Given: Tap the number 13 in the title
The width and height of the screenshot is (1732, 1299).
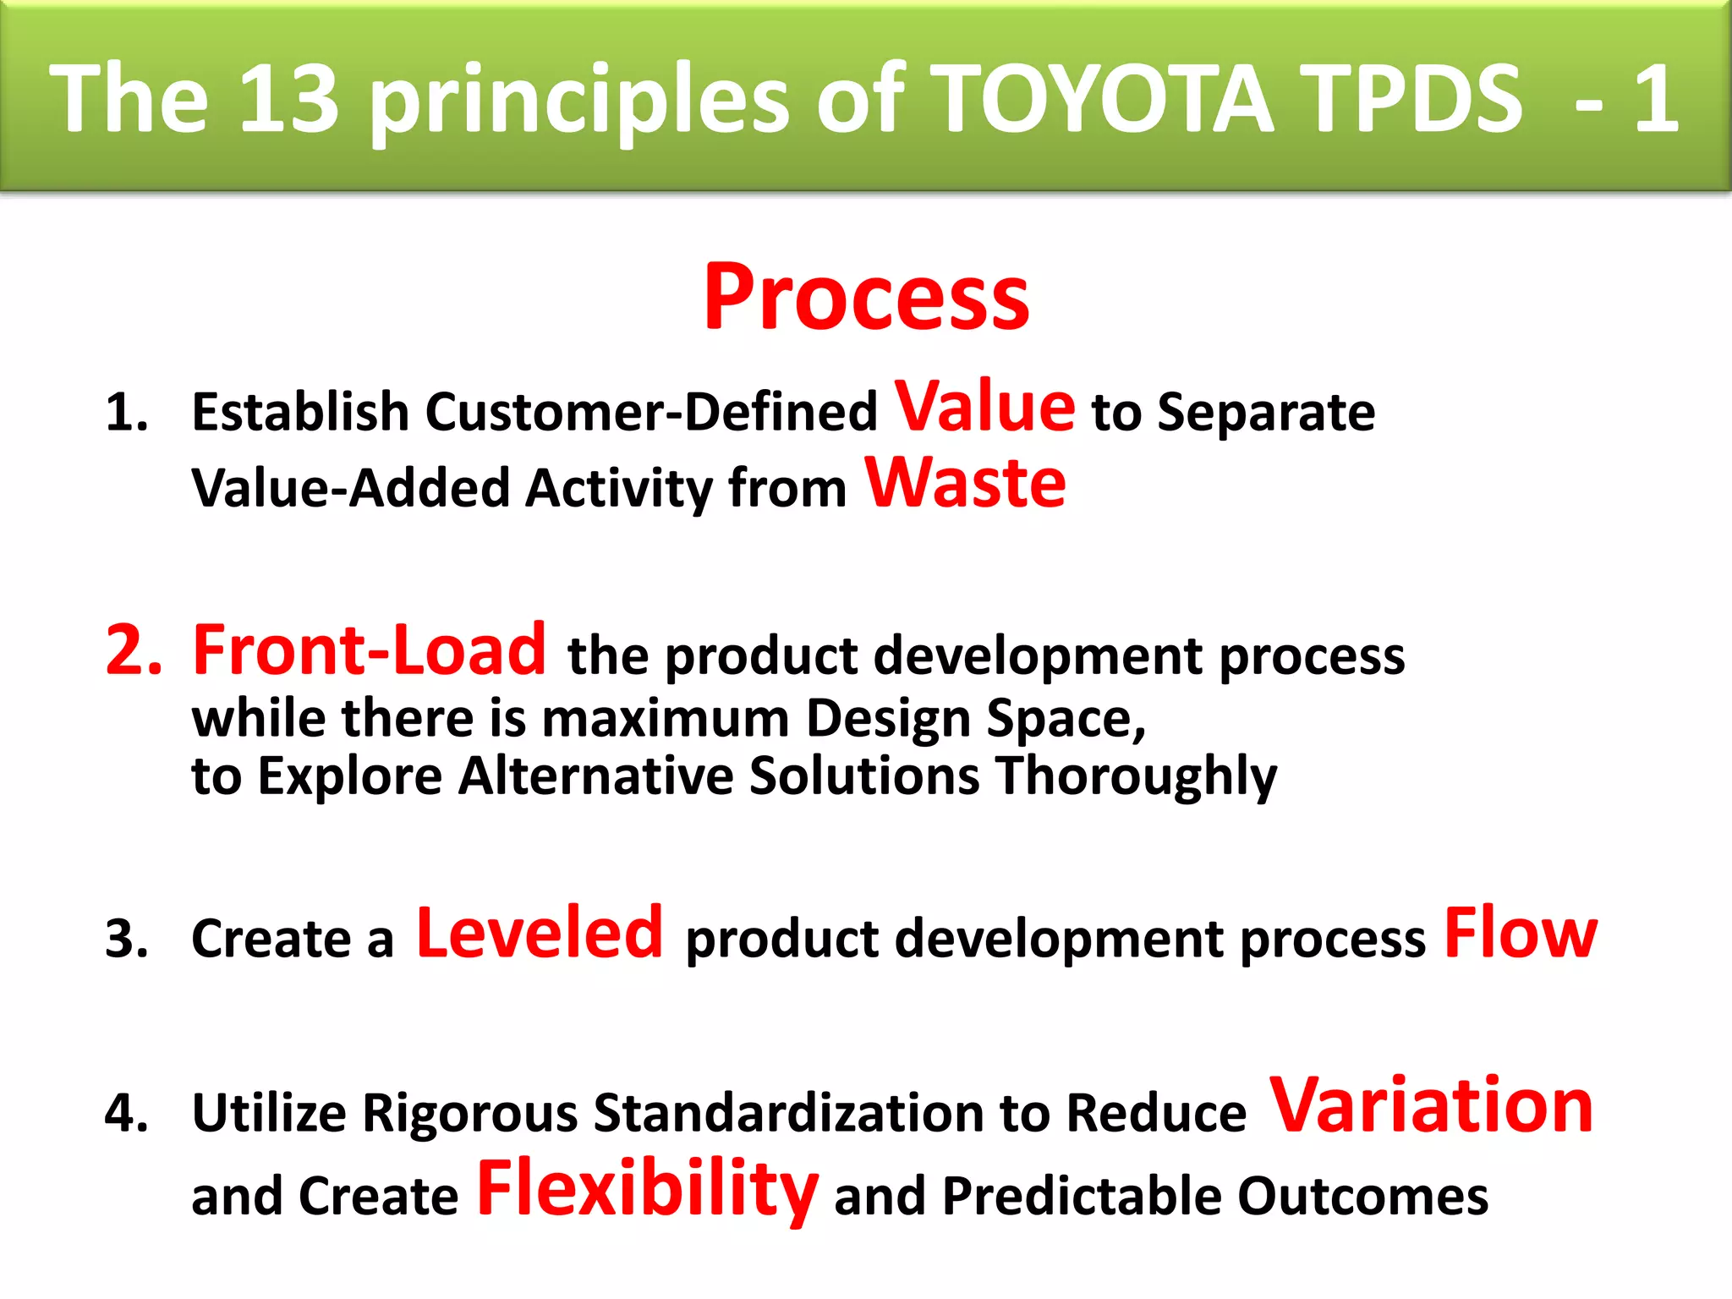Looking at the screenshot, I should point(289,100).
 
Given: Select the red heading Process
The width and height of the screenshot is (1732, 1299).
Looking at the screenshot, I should point(866,297).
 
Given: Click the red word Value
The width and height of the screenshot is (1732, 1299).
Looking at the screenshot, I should point(984,407).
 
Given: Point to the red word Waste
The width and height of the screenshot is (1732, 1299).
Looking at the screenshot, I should point(965,483).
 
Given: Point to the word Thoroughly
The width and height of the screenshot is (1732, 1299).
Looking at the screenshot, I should point(1136,776).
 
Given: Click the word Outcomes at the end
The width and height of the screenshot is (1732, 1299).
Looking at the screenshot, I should point(1362,1197).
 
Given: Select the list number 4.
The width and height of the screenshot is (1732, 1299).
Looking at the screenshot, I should point(127,1113).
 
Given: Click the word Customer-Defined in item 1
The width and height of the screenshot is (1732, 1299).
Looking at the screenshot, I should point(651,413).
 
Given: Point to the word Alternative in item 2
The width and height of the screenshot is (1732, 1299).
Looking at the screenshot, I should point(595,776).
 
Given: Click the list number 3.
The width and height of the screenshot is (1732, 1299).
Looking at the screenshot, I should point(127,939).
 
